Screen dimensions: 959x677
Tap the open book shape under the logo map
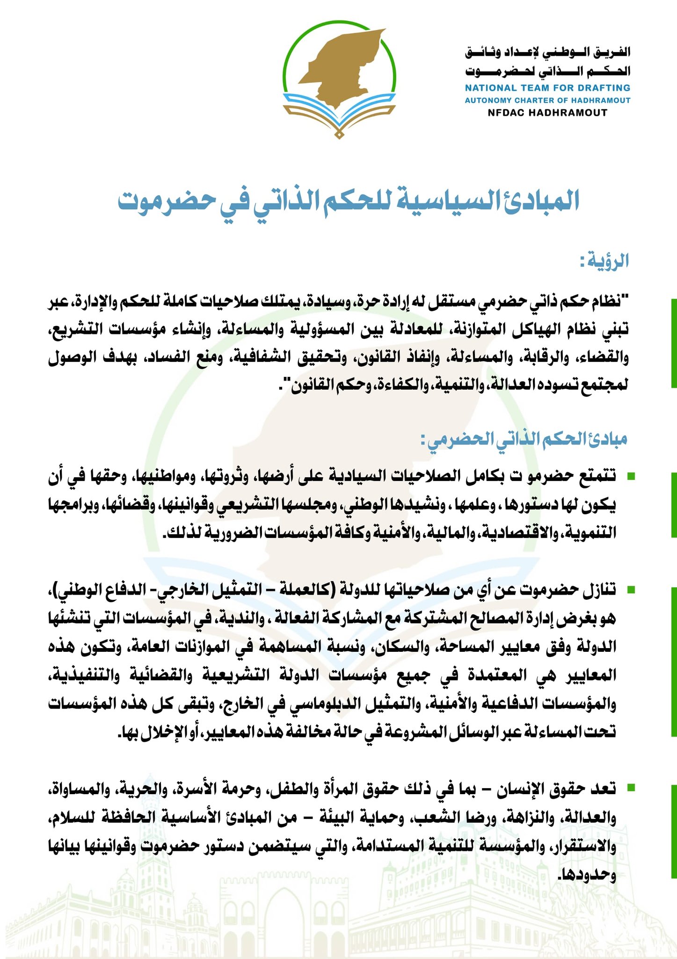(340, 112)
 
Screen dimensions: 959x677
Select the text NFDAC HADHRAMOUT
(547, 113)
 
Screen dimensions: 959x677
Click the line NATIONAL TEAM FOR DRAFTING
(547, 88)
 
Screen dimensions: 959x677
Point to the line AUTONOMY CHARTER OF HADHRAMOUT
(547, 100)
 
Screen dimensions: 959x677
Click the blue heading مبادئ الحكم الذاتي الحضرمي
(524, 439)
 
